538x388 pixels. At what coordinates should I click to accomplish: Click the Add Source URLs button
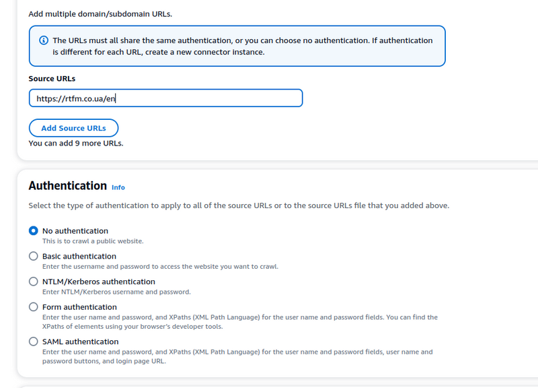click(x=73, y=128)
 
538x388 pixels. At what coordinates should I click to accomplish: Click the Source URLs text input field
click(x=165, y=98)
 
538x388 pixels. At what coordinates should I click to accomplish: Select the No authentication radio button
click(x=34, y=230)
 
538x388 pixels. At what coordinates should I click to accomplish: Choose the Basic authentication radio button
click(x=34, y=256)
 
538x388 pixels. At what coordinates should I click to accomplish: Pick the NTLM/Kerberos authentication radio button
click(x=34, y=282)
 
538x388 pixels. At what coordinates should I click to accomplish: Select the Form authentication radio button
click(x=34, y=307)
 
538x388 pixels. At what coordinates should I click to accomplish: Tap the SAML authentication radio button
click(x=34, y=342)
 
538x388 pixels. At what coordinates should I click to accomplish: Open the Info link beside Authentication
click(x=118, y=187)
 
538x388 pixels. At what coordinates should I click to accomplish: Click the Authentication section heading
click(x=67, y=185)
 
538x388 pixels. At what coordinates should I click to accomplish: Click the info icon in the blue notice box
click(x=44, y=40)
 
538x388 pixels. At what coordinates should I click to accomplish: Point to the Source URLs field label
click(x=52, y=79)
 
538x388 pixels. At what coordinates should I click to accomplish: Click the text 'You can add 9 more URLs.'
click(x=76, y=143)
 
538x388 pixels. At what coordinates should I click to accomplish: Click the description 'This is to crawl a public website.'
click(x=93, y=240)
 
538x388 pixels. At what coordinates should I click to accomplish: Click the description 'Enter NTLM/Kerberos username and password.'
click(x=116, y=292)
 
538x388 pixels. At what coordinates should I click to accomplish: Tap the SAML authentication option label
click(x=80, y=342)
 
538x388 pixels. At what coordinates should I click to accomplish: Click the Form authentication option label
click(x=79, y=307)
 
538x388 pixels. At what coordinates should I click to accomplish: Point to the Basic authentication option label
click(x=79, y=256)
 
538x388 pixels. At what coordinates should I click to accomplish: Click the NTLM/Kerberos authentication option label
click(x=99, y=282)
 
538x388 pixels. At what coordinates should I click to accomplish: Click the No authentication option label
click(x=75, y=230)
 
